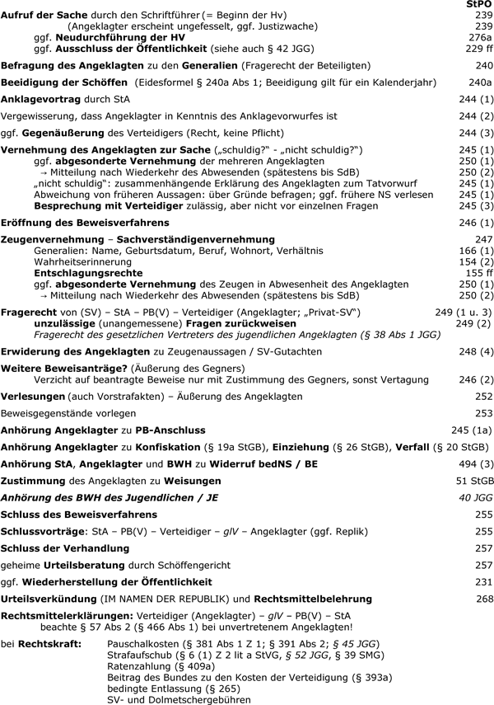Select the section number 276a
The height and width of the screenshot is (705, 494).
coord(480,37)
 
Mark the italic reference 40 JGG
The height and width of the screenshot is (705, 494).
coord(478,496)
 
